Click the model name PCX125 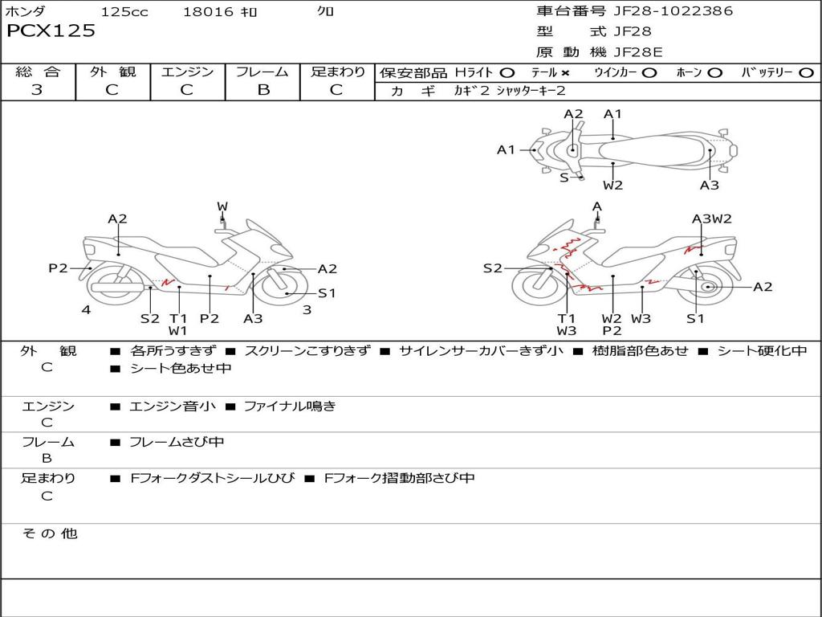(x=51, y=31)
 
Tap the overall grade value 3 (x=37, y=90)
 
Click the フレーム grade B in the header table (x=262, y=90)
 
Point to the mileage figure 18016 (x=208, y=12)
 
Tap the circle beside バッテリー (x=806, y=72)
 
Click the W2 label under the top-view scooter (x=613, y=186)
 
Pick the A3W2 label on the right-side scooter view (x=712, y=219)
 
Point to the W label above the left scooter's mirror (x=222, y=206)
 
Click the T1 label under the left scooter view (x=178, y=318)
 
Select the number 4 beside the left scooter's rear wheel (x=86, y=309)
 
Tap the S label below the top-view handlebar (x=564, y=177)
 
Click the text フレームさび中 (x=177, y=442)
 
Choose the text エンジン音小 (x=173, y=407)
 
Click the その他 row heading (x=50, y=533)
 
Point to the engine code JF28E (x=638, y=52)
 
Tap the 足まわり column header (x=337, y=72)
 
